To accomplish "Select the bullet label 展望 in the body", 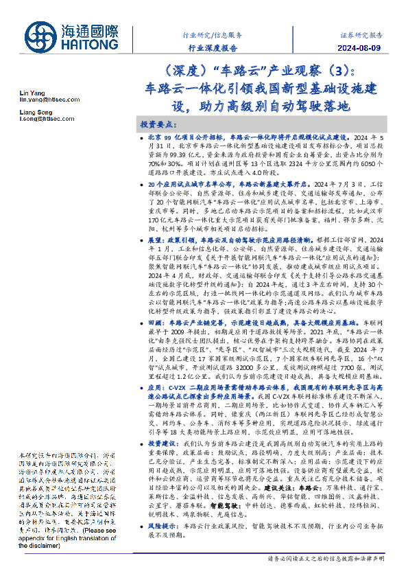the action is (x=155, y=240).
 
